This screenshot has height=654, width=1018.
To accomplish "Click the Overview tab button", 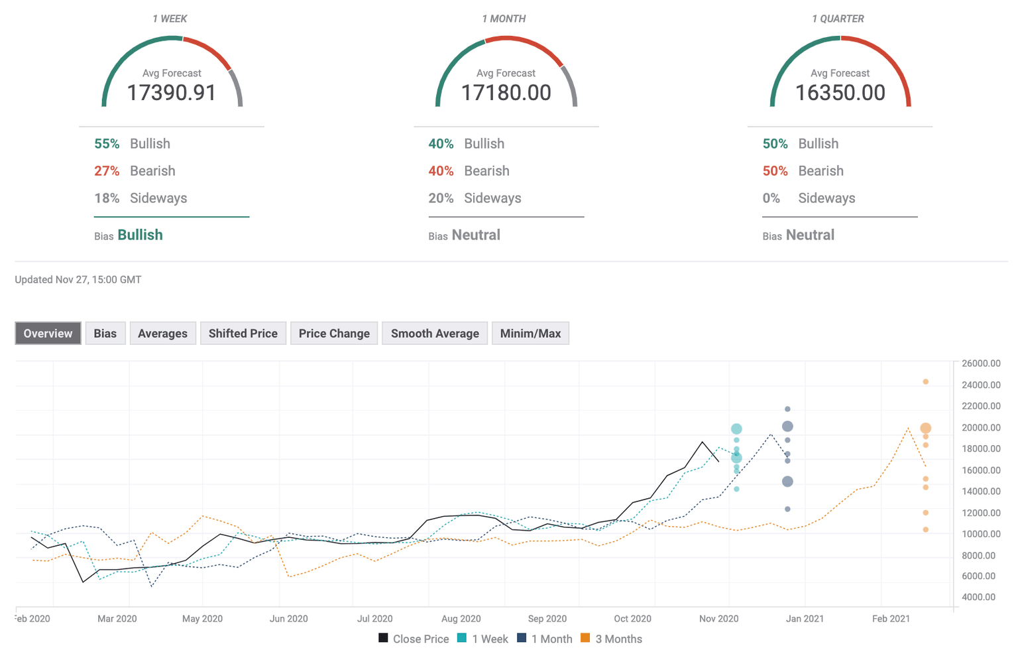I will pos(48,334).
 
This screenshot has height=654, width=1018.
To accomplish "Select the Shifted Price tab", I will pos(243,334).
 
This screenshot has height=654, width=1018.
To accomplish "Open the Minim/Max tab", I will pos(530,334).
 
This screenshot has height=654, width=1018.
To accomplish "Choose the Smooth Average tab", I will pos(435,334).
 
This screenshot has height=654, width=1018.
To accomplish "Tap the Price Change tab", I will pos(334,334).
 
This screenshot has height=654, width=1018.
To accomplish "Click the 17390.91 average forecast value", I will pos(172,93).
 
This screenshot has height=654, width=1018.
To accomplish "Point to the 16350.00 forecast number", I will pos(840,93).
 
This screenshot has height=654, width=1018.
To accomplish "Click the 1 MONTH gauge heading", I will pos(504,19).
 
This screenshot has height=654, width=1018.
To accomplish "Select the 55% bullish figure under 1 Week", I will pos(107,144).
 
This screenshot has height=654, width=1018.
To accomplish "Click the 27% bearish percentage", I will pos(107,171).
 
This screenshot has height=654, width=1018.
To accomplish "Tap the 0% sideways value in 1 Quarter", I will pos(771,198).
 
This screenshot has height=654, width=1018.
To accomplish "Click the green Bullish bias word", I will pos(140,235).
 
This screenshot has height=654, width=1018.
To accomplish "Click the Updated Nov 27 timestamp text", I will pos(78,280).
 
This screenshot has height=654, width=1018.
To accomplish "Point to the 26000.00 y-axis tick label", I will pos(981,363).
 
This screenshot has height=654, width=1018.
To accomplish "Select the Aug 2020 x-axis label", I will pos(461,618).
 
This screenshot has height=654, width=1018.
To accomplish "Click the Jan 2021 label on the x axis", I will pos(805,618).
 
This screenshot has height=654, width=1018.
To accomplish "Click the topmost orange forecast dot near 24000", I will pos(925,382).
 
